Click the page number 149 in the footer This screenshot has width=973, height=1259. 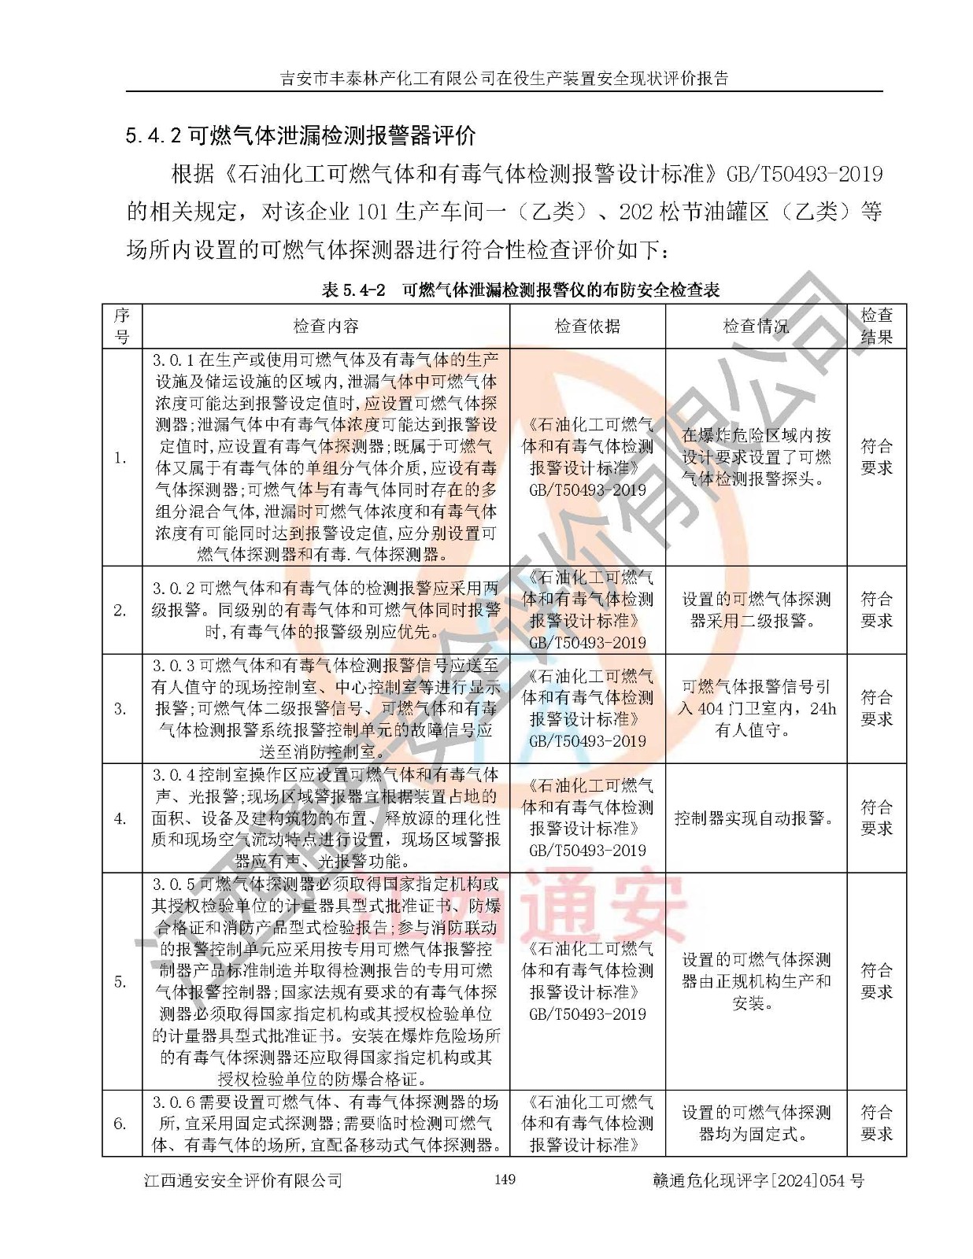pos(504,1179)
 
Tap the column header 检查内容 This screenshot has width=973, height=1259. pos(325,327)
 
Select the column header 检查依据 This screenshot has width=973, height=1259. pos(587,327)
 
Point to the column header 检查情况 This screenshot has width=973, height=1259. pos(756,327)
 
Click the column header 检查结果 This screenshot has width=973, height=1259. pos(876,327)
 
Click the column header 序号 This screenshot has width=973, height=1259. pos(122,327)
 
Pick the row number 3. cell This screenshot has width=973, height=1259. pos(120,709)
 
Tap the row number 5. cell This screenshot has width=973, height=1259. pos(120,981)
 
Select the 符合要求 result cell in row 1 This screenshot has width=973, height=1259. pos(876,457)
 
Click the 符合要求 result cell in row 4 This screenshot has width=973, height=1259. pos(876,818)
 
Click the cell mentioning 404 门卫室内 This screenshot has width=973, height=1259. pos(756,709)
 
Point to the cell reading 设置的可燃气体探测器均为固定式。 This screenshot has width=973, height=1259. pos(756,1124)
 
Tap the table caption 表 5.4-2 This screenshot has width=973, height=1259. pos(520,290)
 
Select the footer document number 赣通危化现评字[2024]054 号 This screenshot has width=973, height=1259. pos(758,1180)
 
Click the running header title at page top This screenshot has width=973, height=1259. pos(504,78)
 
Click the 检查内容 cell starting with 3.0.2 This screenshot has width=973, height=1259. pos(325,610)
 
